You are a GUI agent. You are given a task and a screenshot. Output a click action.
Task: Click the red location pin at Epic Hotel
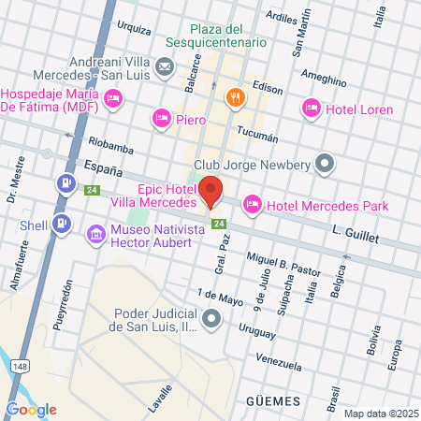coord(211,190)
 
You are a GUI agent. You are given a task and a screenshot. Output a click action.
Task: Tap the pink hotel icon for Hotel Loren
coord(312,109)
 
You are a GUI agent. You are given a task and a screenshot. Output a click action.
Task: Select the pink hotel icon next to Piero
coord(161,118)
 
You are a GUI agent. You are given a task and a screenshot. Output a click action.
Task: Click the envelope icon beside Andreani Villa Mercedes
coord(165,66)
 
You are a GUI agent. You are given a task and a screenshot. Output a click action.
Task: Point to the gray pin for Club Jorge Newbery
coord(325,165)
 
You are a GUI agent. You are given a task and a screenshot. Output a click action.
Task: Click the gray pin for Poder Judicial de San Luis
coord(212,320)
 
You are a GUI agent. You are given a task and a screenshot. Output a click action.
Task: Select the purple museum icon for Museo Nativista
coord(95,234)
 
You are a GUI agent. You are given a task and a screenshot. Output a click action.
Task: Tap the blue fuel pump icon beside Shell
coord(62,224)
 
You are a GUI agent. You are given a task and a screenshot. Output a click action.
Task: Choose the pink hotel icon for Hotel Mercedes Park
coord(252,204)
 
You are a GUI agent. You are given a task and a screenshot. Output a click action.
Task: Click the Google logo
coord(31,409)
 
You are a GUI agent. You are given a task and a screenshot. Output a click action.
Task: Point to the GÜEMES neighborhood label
coord(276,400)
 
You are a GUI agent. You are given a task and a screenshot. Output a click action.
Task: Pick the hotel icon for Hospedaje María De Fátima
coord(114,98)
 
